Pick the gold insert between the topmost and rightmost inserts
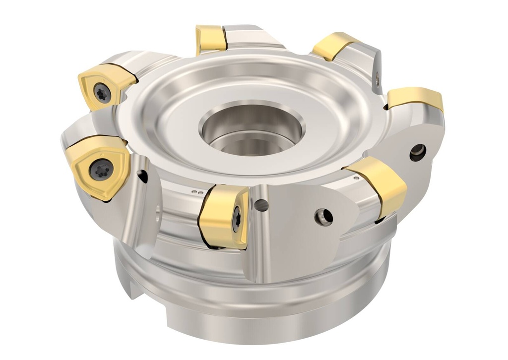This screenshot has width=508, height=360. (x=333, y=47)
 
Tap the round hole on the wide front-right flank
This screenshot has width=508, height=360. (x=323, y=216)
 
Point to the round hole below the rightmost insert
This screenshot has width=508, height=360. (x=417, y=152)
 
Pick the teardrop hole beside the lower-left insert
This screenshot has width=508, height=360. (x=142, y=175)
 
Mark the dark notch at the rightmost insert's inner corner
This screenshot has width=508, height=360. (x=386, y=106)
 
